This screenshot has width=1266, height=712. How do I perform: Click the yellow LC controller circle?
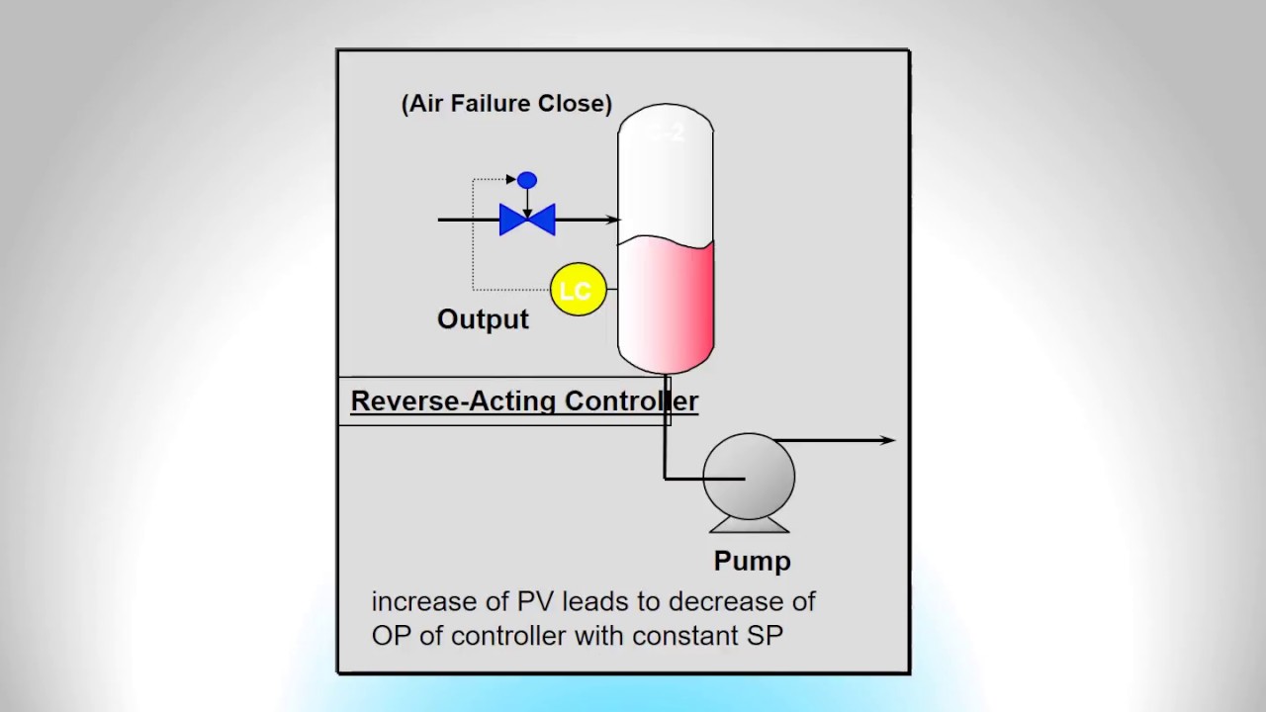coord(578,290)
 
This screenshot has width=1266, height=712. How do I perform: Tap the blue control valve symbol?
coord(527,220)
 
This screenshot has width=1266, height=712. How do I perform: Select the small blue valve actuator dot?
coord(527,180)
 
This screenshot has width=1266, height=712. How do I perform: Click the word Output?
coord(483,319)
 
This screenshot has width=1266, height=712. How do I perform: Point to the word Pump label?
coord(752,561)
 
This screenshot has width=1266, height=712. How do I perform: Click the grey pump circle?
coord(749,476)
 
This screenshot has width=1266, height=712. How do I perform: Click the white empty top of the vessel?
coord(666,178)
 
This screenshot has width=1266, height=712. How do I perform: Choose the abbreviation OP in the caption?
coord(390,635)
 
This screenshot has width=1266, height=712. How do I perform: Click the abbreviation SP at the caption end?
coord(765,635)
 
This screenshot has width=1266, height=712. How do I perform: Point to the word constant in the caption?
coord(685,635)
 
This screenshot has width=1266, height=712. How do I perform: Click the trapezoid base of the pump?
coord(749,525)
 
